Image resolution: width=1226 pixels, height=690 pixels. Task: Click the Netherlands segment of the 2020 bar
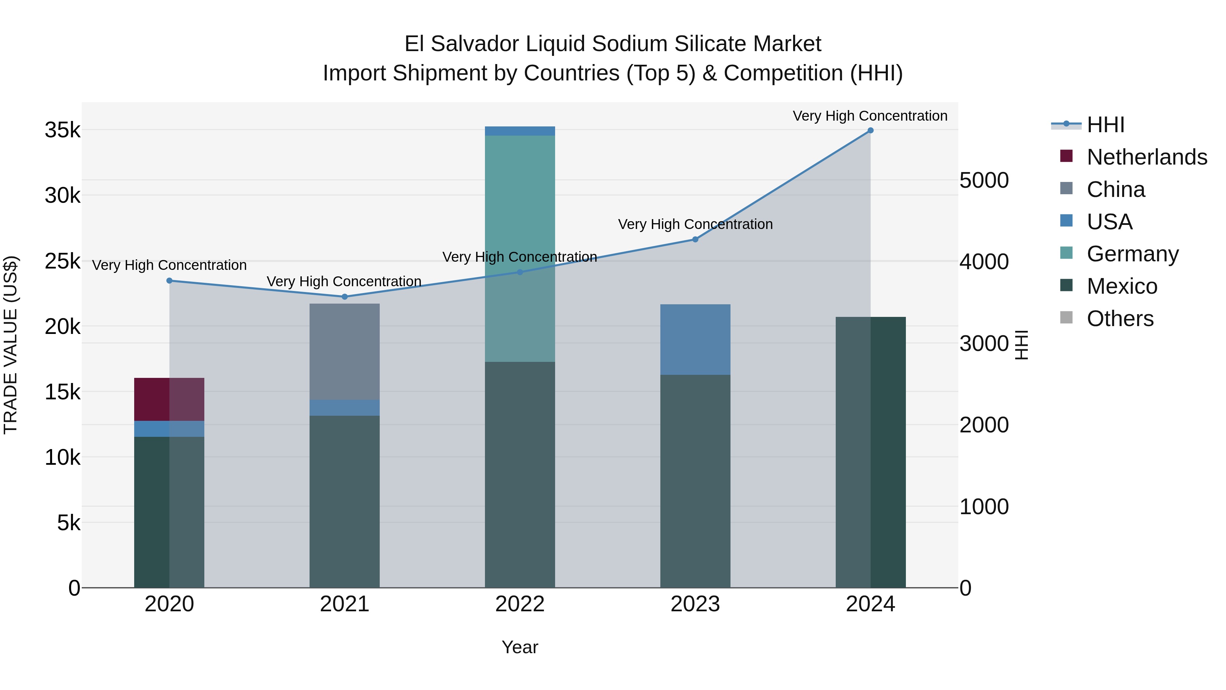pos(169,399)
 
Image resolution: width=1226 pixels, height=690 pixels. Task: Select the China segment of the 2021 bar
pos(345,351)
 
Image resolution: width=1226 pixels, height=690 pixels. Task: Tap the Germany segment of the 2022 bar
pos(520,248)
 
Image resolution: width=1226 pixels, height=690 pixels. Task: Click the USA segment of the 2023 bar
pos(695,339)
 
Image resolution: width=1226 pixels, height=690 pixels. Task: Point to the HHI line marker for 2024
pos(870,131)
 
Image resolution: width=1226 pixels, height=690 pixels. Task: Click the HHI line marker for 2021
pos(345,297)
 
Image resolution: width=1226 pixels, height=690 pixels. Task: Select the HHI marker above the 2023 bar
pos(695,240)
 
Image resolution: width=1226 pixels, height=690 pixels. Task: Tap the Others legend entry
pos(1120,319)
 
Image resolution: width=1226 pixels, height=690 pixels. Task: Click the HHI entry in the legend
pos(1105,125)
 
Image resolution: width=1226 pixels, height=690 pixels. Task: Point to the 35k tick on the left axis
pos(62,130)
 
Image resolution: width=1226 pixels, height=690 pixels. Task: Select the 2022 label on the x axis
pos(520,604)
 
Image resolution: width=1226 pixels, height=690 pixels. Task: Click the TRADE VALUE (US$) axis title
pos(11,345)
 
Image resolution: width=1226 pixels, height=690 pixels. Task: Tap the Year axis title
pos(520,647)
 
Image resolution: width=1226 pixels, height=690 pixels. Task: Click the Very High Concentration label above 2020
pos(169,265)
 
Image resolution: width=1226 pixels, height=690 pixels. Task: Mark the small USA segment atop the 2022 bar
pos(520,131)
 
